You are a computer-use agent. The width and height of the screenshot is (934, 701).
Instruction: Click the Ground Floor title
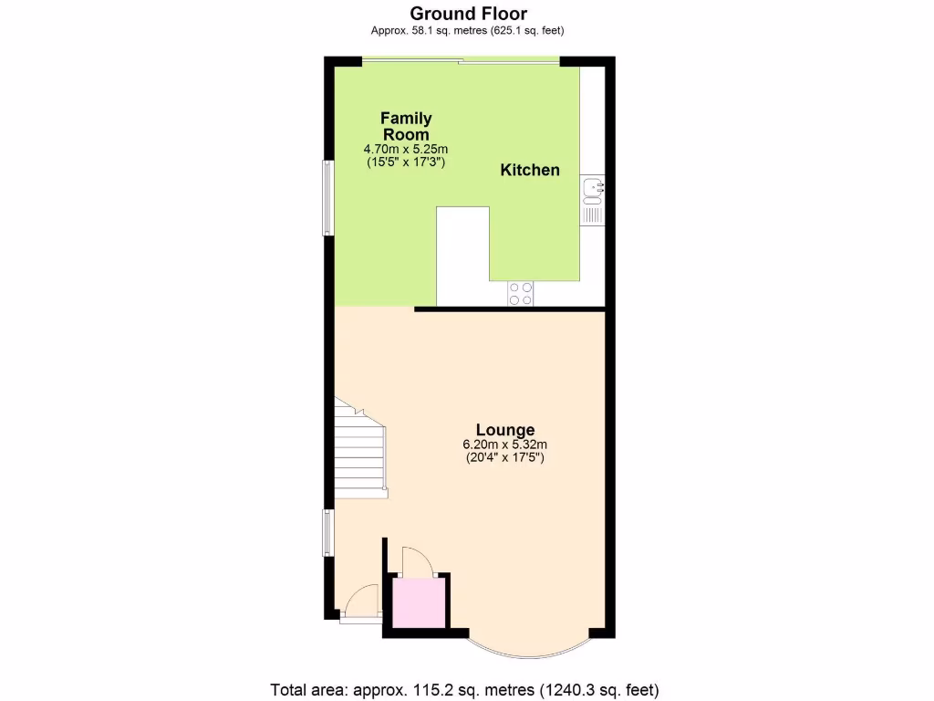pyautogui.click(x=467, y=13)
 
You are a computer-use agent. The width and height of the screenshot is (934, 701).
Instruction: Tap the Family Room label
pyautogui.click(x=406, y=126)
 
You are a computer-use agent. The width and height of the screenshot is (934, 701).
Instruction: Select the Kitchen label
pyautogui.click(x=530, y=170)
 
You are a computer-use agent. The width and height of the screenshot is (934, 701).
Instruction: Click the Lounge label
pyautogui.click(x=504, y=430)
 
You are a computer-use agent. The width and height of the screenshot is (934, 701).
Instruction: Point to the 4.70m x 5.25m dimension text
pyautogui.click(x=406, y=149)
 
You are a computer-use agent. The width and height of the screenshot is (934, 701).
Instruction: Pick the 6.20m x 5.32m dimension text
pyautogui.click(x=504, y=445)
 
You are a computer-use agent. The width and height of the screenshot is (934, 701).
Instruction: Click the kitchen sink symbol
pyautogui.click(x=592, y=189)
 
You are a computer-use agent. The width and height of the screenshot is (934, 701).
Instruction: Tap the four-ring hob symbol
pyautogui.click(x=521, y=293)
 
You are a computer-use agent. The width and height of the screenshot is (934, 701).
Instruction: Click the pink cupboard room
pyautogui.click(x=417, y=602)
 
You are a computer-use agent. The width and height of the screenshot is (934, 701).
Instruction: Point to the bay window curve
pyautogui.click(x=530, y=651)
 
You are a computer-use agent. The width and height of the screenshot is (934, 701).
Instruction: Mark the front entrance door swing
pyautogui.click(x=361, y=601)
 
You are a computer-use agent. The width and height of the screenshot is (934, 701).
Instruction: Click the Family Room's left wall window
pyautogui.click(x=326, y=198)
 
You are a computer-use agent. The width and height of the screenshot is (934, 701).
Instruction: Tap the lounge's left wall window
pyautogui.click(x=327, y=533)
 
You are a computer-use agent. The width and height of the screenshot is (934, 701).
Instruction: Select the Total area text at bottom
pyautogui.click(x=465, y=689)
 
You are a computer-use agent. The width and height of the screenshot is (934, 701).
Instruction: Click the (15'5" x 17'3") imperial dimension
pyautogui.click(x=406, y=162)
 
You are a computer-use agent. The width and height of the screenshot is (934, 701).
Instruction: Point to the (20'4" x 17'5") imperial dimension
pyautogui.click(x=504, y=457)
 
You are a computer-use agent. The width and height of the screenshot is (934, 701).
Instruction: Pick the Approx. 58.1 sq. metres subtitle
pyautogui.click(x=467, y=31)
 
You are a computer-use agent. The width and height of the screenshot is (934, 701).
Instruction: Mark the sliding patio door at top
pyautogui.click(x=461, y=61)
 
